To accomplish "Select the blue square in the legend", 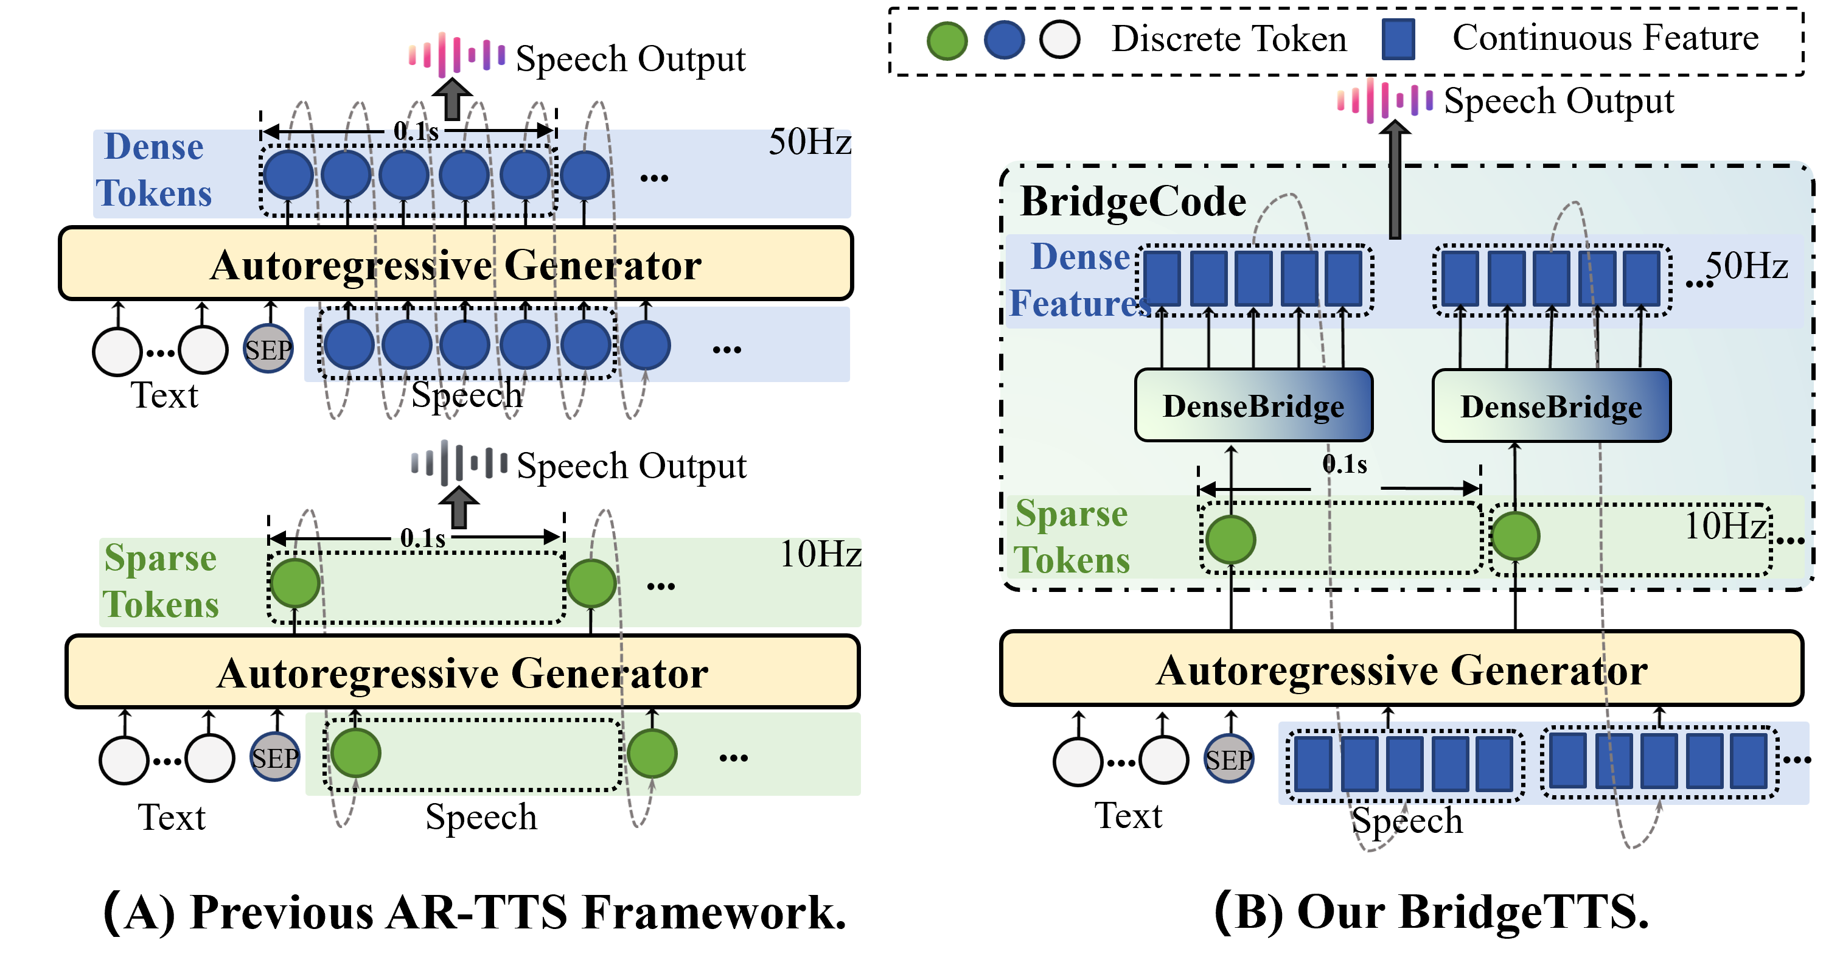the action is pos(1398,40).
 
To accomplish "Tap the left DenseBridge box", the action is pos(1253,405).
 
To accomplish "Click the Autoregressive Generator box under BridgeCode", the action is pos(1401,669).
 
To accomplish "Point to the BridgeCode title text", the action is pos(1134,201).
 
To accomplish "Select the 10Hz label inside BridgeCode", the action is pos(1726,526).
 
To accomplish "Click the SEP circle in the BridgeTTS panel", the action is pos(1228,759).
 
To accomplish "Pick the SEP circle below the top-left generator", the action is pos(268,349).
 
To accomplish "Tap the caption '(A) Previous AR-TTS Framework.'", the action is pos(475,912).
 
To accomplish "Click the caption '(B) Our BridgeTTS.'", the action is pos(1432,912).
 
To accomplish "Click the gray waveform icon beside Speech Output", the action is pos(459,462).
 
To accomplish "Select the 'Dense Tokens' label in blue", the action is pos(155,170).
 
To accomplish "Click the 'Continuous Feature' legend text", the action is pos(1606,38).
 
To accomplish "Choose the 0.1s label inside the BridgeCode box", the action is pos(1344,464).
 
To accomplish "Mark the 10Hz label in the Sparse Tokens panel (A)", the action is pos(821,554).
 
